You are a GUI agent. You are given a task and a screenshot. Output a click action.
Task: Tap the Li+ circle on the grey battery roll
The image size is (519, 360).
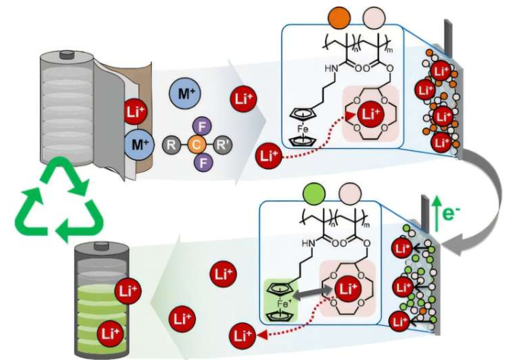click(136, 114)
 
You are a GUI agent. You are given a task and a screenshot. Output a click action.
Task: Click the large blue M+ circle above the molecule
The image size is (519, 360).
click(182, 94)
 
